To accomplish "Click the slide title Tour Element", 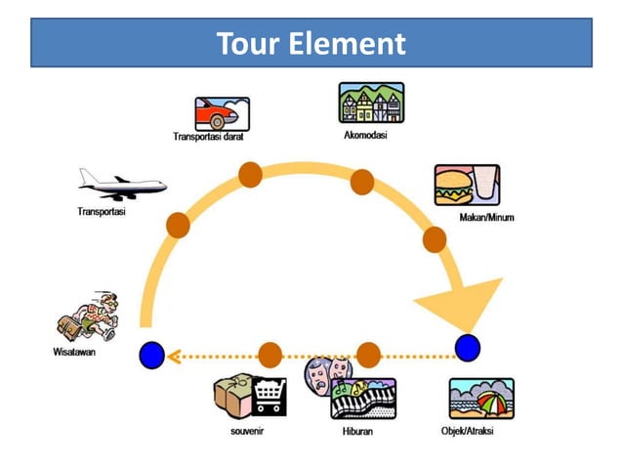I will tap(311, 44).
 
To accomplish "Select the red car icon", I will tap(222, 113).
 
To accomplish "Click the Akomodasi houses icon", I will tap(371, 103).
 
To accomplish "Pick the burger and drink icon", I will tap(467, 185).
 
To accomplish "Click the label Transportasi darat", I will tap(208, 137).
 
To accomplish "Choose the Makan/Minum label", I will tap(486, 217).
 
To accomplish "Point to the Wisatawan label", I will tap(73, 352).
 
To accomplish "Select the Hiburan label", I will tap(357, 431).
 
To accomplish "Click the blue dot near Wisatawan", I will tap(151, 356).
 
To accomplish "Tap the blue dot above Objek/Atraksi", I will tap(468, 347).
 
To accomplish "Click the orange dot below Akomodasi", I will tap(362, 182).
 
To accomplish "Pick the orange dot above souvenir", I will tap(270, 356).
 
